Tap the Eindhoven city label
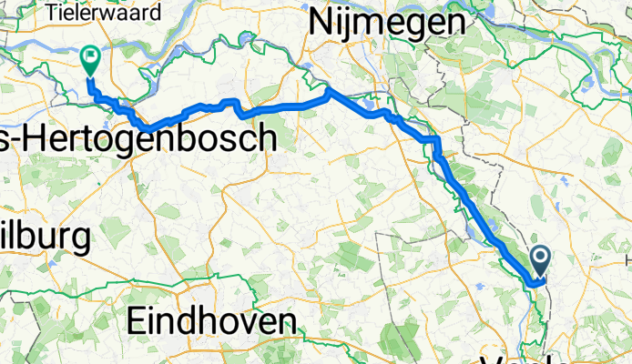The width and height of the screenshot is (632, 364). point(212,321)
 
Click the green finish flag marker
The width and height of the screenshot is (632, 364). point(91,60)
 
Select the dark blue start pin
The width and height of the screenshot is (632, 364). point(541,262)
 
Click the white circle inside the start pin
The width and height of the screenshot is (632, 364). point(541,258)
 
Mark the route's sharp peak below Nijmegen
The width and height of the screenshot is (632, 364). point(330,90)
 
